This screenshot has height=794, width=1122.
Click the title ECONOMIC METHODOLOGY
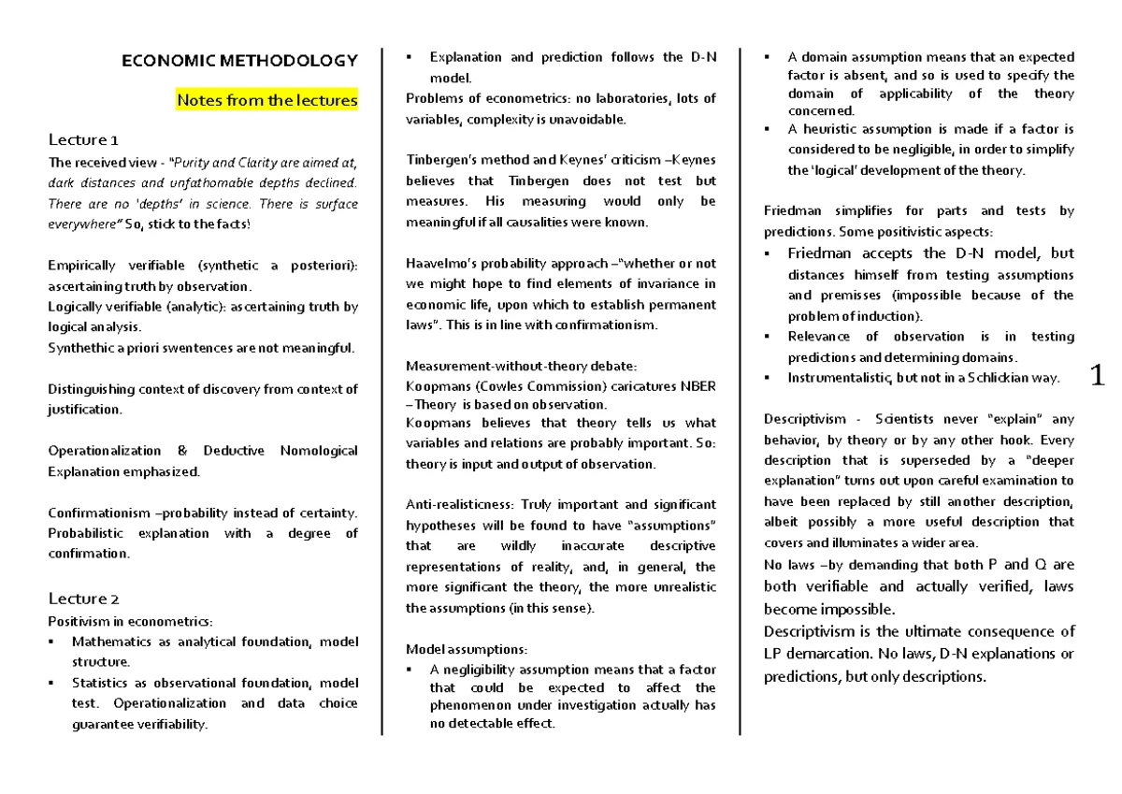coord(239,62)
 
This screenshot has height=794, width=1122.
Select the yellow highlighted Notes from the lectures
coord(267,100)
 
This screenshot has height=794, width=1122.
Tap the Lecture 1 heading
coord(83,140)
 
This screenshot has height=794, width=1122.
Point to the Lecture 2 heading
coord(83,599)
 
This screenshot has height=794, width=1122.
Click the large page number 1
coord(1099,376)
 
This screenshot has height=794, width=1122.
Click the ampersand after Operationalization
coord(180,451)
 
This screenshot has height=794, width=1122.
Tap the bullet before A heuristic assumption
coord(767,129)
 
